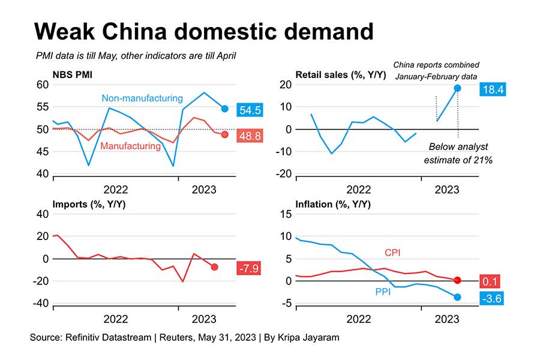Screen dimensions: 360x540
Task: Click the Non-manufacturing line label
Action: (x=142, y=98)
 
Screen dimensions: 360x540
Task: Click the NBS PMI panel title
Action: (x=74, y=75)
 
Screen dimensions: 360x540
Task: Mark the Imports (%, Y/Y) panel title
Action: (x=89, y=205)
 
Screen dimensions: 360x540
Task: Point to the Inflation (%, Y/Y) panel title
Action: (x=333, y=205)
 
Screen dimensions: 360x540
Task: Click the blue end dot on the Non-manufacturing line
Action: (x=224, y=109)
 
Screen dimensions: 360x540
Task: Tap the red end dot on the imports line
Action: (x=215, y=267)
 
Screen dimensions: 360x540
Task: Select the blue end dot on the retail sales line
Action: (x=457, y=88)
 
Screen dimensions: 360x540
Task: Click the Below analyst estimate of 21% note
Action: (x=458, y=154)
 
